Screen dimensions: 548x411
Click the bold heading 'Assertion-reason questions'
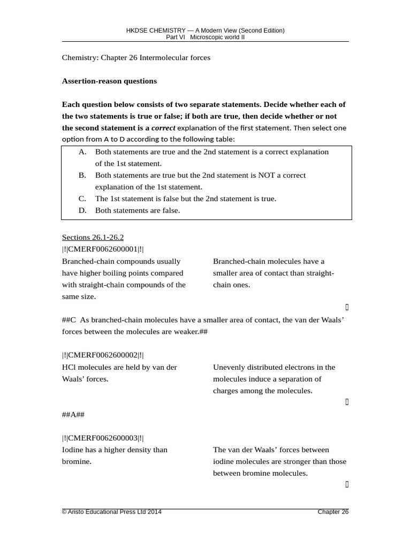109,81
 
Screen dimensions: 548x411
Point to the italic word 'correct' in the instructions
163,128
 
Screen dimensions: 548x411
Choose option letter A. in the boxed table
82,151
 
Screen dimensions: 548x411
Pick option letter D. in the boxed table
82,210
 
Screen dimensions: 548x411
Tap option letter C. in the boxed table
82,199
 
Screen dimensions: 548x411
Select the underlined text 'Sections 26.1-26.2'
93,237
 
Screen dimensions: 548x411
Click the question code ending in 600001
103,249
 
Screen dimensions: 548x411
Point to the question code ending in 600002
103,355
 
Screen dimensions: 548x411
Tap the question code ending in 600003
103,438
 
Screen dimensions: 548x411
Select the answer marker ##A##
73,414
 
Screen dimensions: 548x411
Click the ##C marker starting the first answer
70,319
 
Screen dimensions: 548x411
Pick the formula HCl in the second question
68,367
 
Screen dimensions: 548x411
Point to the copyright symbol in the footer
65,512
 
